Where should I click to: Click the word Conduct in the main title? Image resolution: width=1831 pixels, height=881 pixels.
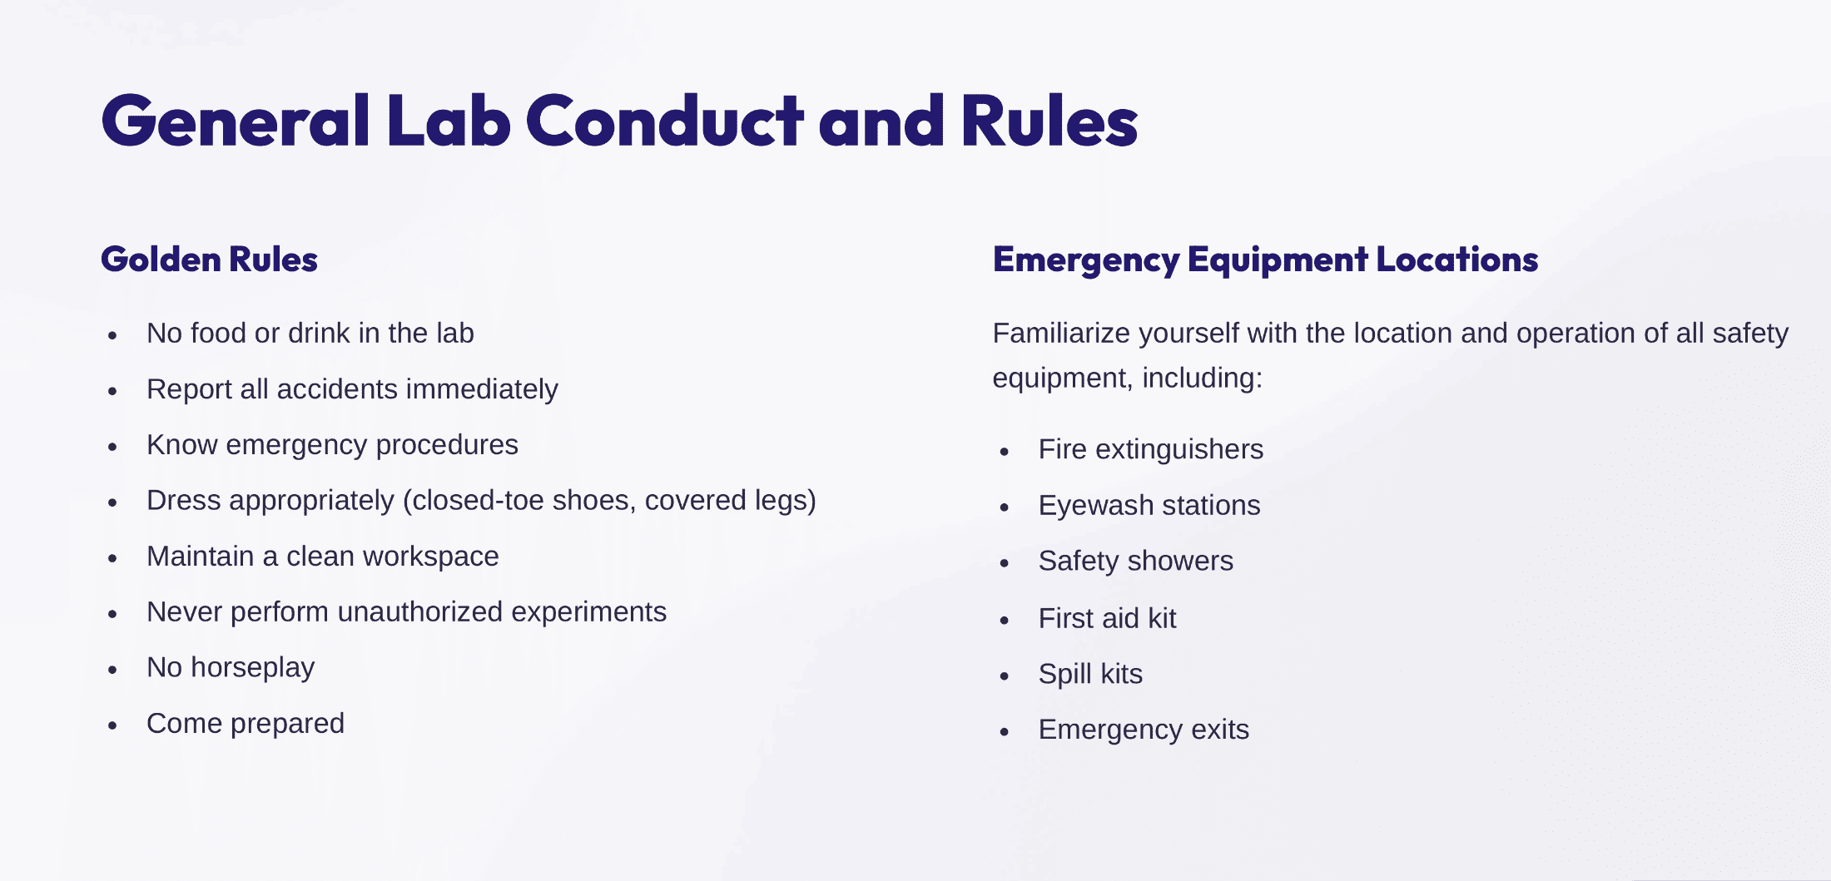[x=664, y=121]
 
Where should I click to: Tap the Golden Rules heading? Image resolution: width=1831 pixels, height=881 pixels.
[x=209, y=260]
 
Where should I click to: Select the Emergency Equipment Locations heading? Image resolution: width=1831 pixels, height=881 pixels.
[x=1265, y=260]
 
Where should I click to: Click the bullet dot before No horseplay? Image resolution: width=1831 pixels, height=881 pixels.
[x=112, y=670]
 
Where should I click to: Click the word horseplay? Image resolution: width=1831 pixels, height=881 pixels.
[x=253, y=668]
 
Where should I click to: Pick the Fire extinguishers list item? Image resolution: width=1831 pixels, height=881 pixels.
[x=1151, y=449]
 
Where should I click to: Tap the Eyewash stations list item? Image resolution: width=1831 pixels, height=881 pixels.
[x=1149, y=505]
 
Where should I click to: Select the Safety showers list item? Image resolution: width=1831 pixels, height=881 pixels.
[x=1136, y=561]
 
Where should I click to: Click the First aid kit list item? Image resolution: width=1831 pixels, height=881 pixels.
[x=1108, y=618]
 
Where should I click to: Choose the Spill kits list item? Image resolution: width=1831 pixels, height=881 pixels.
[x=1090, y=674]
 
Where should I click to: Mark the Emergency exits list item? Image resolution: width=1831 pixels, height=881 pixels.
[x=1144, y=730]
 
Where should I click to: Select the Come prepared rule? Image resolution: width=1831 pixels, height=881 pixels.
[x=246, y=724]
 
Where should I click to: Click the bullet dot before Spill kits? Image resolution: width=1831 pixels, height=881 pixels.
[x=1005, y=676]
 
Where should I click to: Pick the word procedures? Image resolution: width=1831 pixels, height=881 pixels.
[x=447, y=445]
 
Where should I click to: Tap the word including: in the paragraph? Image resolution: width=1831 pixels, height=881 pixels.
[x=1203, y=379]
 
